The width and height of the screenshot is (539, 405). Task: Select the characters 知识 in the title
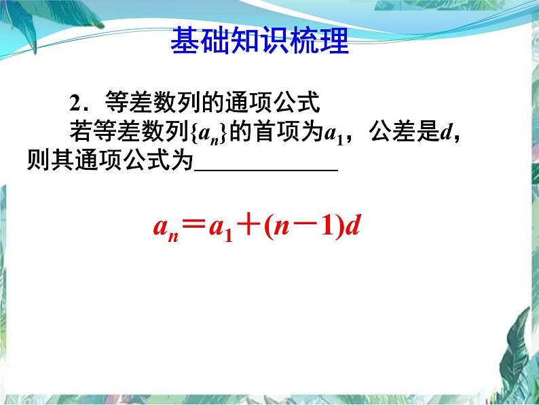[259, 42]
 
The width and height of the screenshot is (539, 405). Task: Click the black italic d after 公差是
[445, 133]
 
